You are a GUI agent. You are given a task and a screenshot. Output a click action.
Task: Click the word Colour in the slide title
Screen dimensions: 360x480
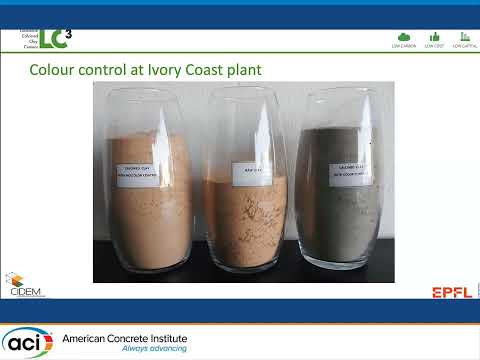tap(53, 70)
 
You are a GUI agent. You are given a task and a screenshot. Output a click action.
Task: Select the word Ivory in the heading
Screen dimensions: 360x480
tap(164, 70)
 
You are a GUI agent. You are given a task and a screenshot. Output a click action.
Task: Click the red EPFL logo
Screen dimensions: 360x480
tap(452, 292)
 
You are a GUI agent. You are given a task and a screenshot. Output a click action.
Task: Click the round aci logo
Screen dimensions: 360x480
tap(27, 342)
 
